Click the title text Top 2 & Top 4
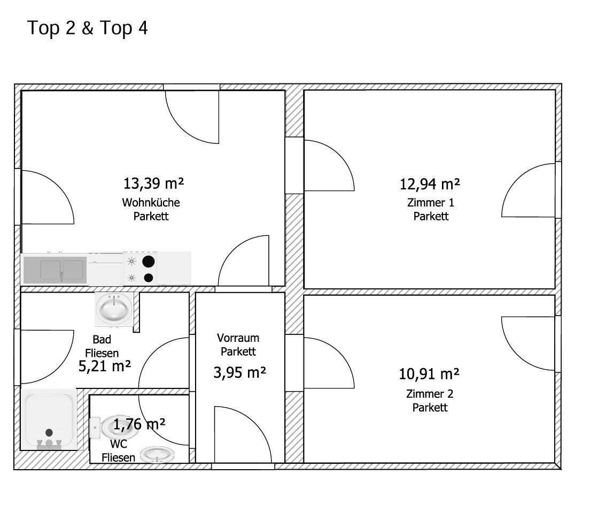pyautogui.click(x=87, y=28)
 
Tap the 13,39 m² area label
pyautogui.click(x=153, y=183)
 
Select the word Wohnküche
pyautogui.click(x=151, y=202)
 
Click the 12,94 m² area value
pyautogui.click(x=429, y=184)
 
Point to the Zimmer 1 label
pyautogui.click(x=431, y=203)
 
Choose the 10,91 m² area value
pyautogui.click(x=429, y=374)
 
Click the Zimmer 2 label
pyautogui.click(x=430, y=394)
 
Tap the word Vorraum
pyautogui.click(x=238, y=338)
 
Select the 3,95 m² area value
pyautogui.click(x=239, y=372)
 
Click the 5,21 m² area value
pyautogui.click(x=105, y=366)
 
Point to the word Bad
pyautogui.click(x=102, y=339)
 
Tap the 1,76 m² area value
pyautogui.click(x=139, y=424)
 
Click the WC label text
pyautogui.click(x=119, y=444)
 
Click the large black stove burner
pyautogui.click(x=149, y=261)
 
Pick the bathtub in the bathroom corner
pyautogui.click(x=49, y=419)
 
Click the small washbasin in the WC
pyautogui.click(x=157, y=455)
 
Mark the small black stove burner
pyautogui.click(x=149, y=278)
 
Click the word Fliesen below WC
pyautogui.click(x=118, y=457)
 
